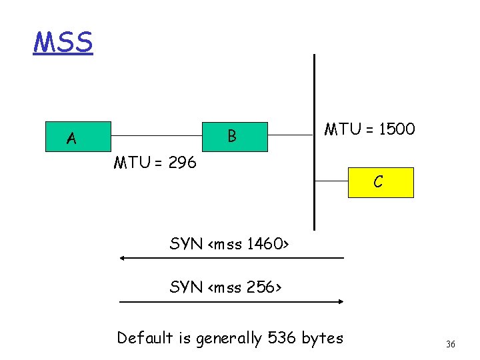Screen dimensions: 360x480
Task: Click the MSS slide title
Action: [63, 42]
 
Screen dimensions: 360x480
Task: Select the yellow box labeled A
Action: [71, 138]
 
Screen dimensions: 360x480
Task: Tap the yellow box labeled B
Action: [233, 137]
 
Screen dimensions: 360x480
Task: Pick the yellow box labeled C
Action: [378, 182]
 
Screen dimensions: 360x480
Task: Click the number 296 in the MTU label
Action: [182, 162]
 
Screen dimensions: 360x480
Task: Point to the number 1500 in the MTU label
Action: [397, 129]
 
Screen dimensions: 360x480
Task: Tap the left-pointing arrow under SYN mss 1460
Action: [231, 258]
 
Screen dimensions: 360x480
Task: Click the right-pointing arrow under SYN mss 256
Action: [231, 301]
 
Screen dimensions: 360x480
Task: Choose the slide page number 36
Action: [451, 344]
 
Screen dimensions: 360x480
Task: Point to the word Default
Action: [145, 338]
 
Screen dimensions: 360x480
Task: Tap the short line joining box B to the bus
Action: [290, 136]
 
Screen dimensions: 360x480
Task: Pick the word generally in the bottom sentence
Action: [230, 339]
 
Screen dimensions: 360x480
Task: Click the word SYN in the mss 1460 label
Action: [187, 244]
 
